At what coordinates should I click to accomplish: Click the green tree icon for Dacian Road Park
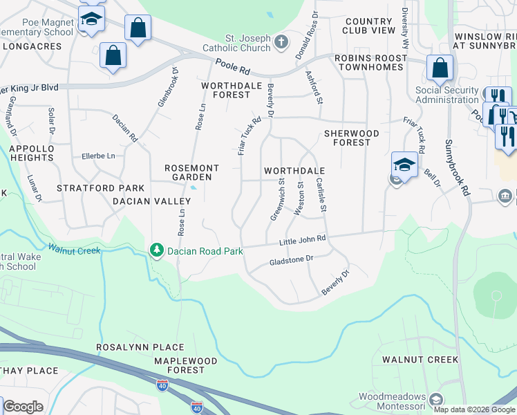click(x=157, y=250)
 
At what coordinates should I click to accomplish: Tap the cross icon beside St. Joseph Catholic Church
click(x=281, y=42)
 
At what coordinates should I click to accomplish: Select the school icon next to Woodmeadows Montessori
click(x=435, y=400)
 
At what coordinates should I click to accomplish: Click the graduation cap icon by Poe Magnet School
click(x=91, y=21)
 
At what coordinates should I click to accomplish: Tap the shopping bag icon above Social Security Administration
click(x=440, y=68)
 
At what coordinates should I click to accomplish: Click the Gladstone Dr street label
click(x=291, y=260)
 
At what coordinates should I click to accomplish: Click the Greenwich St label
click(x=277, y=199)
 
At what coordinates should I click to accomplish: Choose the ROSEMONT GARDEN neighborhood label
click(x=191, y=172)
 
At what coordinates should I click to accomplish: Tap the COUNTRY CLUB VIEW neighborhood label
click(x=370, y=26)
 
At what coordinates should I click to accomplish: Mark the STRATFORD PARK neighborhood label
click(x=100, y=188)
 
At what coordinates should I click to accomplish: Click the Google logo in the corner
click(x=23, y=407)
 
